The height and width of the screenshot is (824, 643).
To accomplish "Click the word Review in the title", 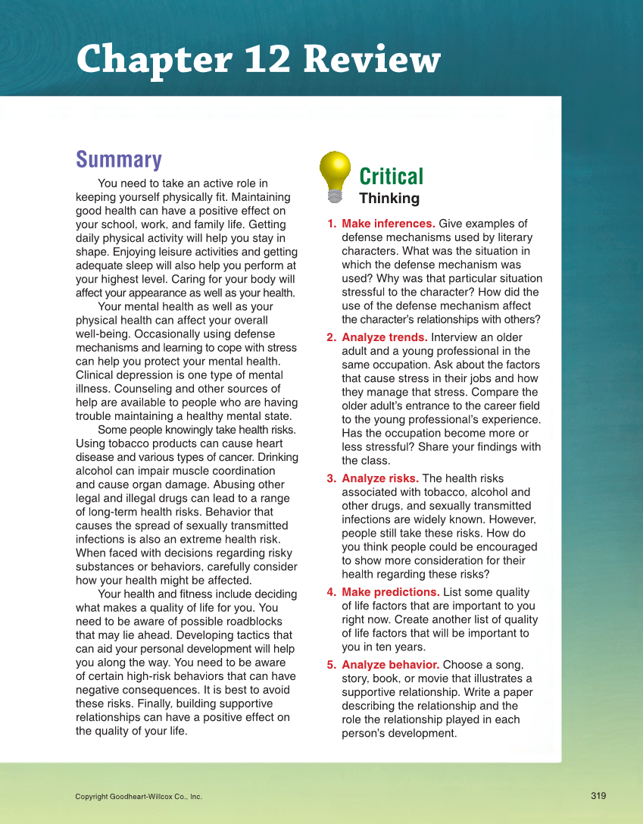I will [x=373, y=60].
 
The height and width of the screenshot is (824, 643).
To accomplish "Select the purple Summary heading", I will [x=119, y=160].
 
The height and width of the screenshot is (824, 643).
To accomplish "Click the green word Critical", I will [x=391, y=177].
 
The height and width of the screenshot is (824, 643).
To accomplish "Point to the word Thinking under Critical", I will [x=389, y=199].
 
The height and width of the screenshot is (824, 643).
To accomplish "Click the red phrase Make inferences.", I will [x=388, y=224].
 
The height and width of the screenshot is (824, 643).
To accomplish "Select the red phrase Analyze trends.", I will [x=384, y=337].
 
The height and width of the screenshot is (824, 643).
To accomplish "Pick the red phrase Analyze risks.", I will [x=379, y=478].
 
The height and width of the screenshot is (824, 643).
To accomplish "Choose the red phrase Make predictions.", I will [x=390, y=592].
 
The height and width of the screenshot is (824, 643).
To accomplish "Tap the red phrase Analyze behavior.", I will [x=390, y=665].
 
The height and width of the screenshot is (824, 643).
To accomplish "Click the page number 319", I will [x=598, y=795].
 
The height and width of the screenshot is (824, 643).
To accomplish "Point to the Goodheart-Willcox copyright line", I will [x=139, y=797].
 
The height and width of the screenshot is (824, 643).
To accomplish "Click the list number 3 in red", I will [x=331, y=478].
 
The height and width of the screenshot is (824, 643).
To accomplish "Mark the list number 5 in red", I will [x=331, y=665].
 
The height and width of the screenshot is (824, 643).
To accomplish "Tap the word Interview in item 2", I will [x=455, y=337].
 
